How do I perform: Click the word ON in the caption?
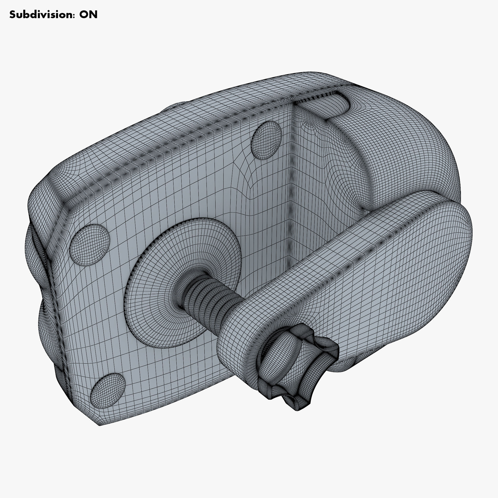[88, 15]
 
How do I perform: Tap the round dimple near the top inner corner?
[266, 140]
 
